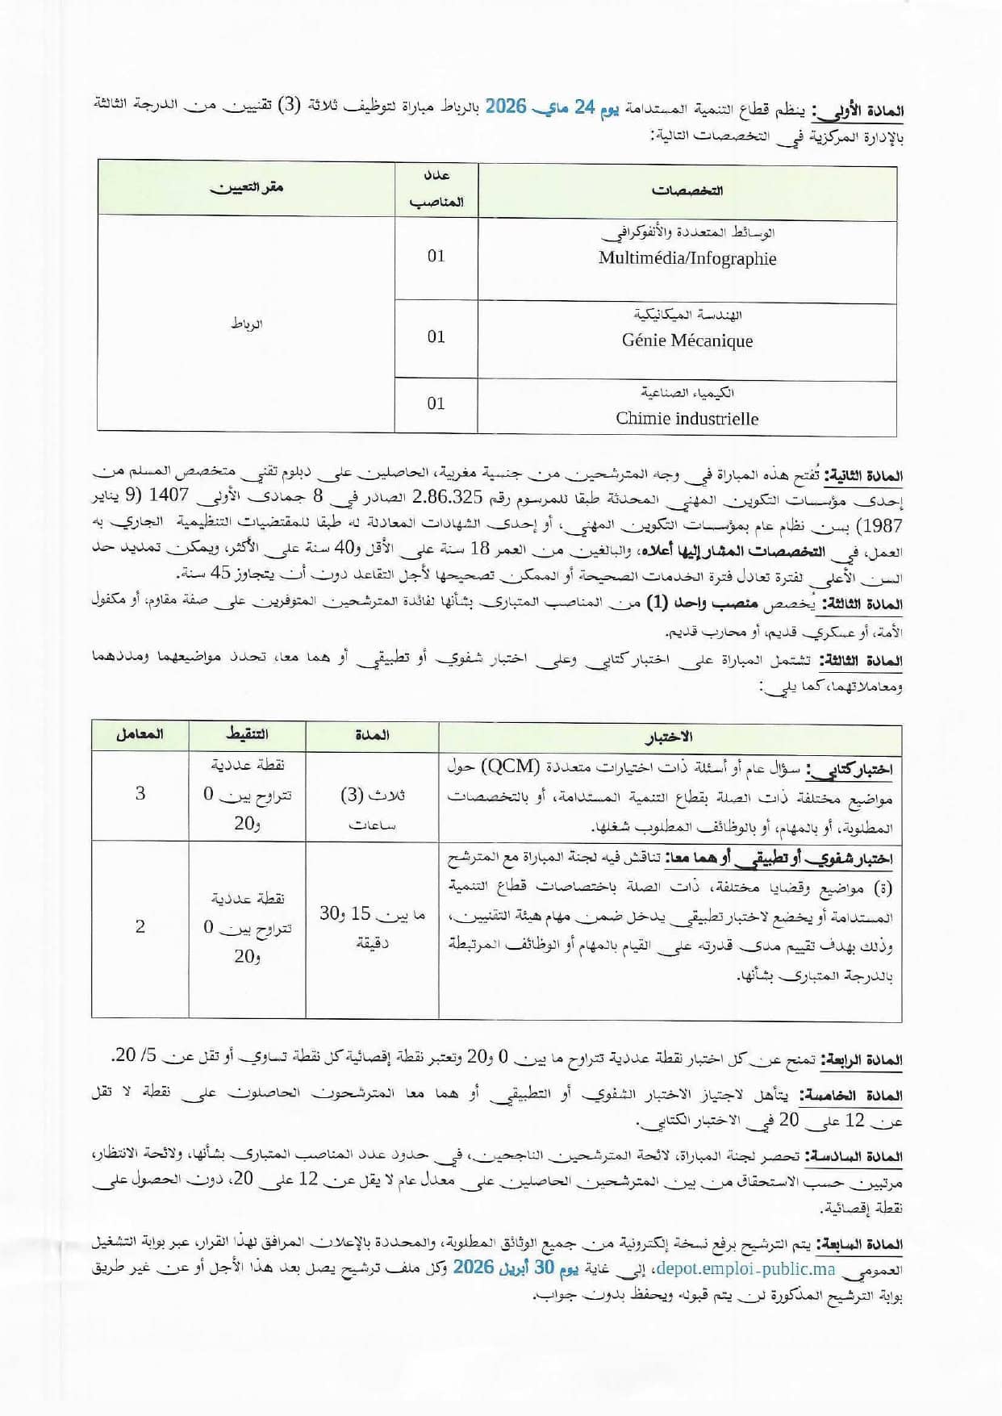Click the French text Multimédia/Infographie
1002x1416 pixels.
687,258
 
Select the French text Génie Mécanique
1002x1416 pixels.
687,340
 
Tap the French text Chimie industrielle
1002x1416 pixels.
687,418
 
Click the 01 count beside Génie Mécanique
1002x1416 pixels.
436,336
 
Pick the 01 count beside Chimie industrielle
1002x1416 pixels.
436,403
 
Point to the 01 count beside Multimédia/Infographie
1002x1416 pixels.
436,256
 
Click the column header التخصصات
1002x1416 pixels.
687,191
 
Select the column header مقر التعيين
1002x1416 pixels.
247,188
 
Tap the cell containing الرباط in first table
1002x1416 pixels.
247,324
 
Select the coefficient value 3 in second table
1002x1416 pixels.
140,793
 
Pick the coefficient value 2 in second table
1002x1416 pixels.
140,926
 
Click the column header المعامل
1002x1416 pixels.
140,734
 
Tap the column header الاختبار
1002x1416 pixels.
669,737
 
